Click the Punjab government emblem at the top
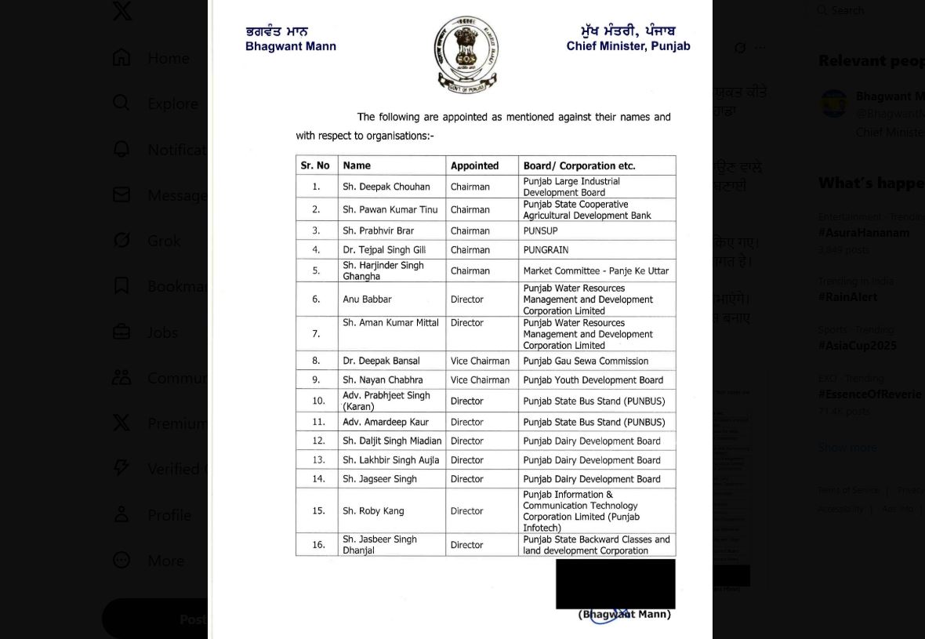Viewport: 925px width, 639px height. click(x=466, y=54)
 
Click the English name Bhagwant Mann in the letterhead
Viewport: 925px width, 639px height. click(x=290, y=46)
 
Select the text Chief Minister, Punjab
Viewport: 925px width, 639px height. click(x=628, y=45)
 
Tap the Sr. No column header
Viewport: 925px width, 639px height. click(x=315, y=165)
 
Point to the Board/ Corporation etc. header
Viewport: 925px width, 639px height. click(x=579, y=165)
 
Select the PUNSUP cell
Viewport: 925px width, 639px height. click(x=540, y=231)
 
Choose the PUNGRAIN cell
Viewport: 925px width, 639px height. click(x=546, y=250)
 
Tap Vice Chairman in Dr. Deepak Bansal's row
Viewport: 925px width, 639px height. click(x=480, y=361)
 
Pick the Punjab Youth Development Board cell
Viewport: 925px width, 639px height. click(x=593, y=380)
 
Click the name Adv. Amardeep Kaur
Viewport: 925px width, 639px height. click(x=385, y=422)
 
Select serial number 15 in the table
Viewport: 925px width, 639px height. click(x=318, y=511)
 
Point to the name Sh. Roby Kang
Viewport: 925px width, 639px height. click(x=373, y=511)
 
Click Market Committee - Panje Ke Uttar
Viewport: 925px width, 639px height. click(x=596, y=271)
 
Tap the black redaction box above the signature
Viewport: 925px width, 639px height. click(x=615, y=583)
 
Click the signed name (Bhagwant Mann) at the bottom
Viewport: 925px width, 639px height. click(x=625, y=615)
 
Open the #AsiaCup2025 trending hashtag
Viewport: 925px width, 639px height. click(x=857, y=346)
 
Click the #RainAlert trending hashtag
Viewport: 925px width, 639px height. click(x=847, y=297)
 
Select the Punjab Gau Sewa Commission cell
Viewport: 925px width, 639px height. click(x=586, y=361)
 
